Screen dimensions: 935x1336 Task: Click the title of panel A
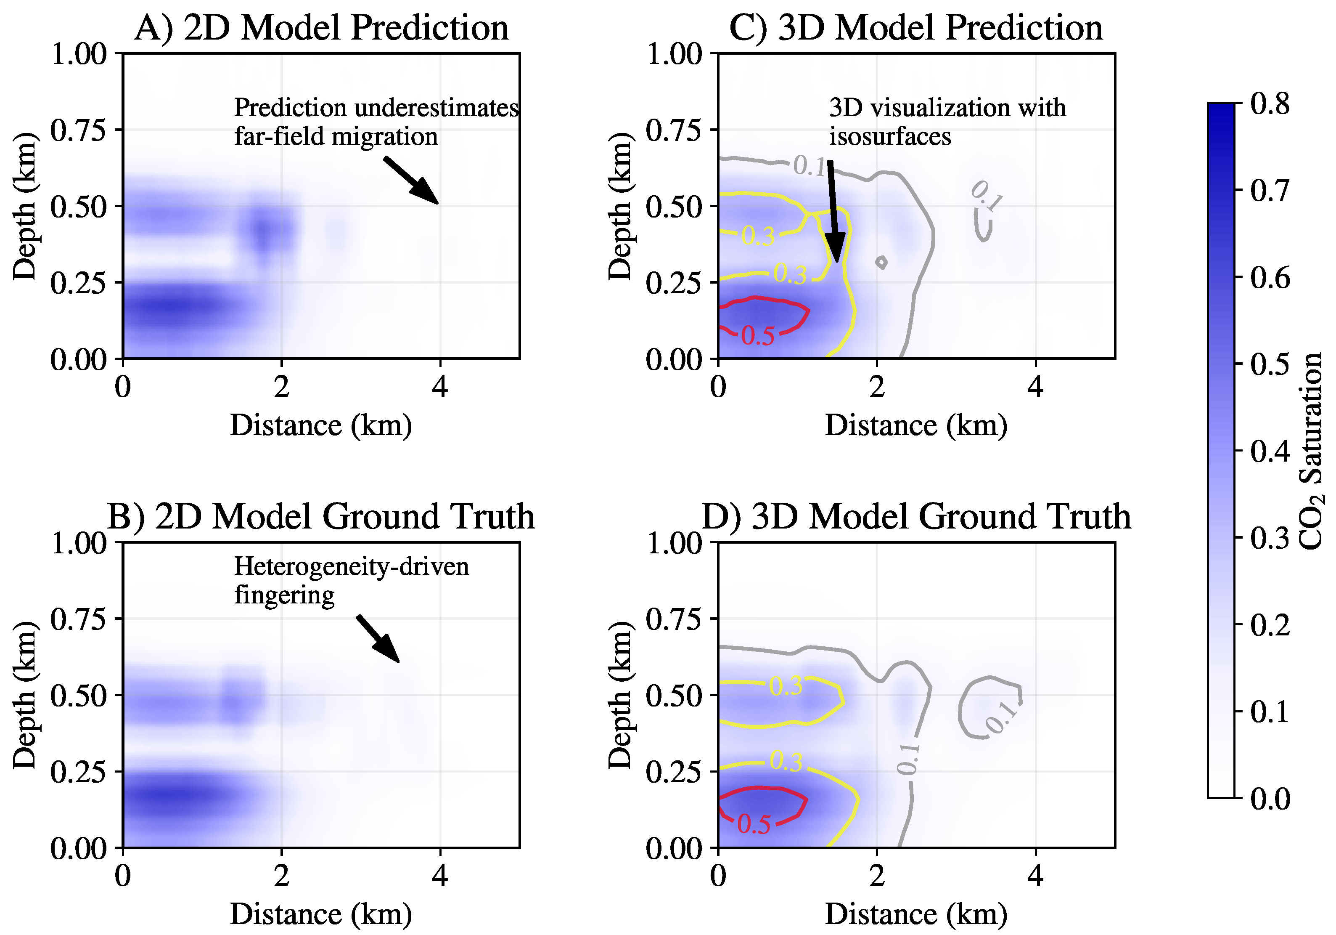(x=321, y=27)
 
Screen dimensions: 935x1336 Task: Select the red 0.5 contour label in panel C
(x=758, y=336)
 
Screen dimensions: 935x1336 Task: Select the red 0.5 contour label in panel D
(x=754, y=824)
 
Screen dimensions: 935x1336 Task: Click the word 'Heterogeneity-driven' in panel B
(x=352, y=566)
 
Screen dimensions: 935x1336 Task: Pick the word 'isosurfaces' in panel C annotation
(x=890, y=137)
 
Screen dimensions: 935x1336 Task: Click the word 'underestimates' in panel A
(x=435, y=108)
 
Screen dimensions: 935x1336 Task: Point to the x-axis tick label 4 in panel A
(x=440, y=387)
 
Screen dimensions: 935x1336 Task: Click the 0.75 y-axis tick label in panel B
(x=79, y=619)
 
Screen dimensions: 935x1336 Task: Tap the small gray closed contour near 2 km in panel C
(x=881, y=263)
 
